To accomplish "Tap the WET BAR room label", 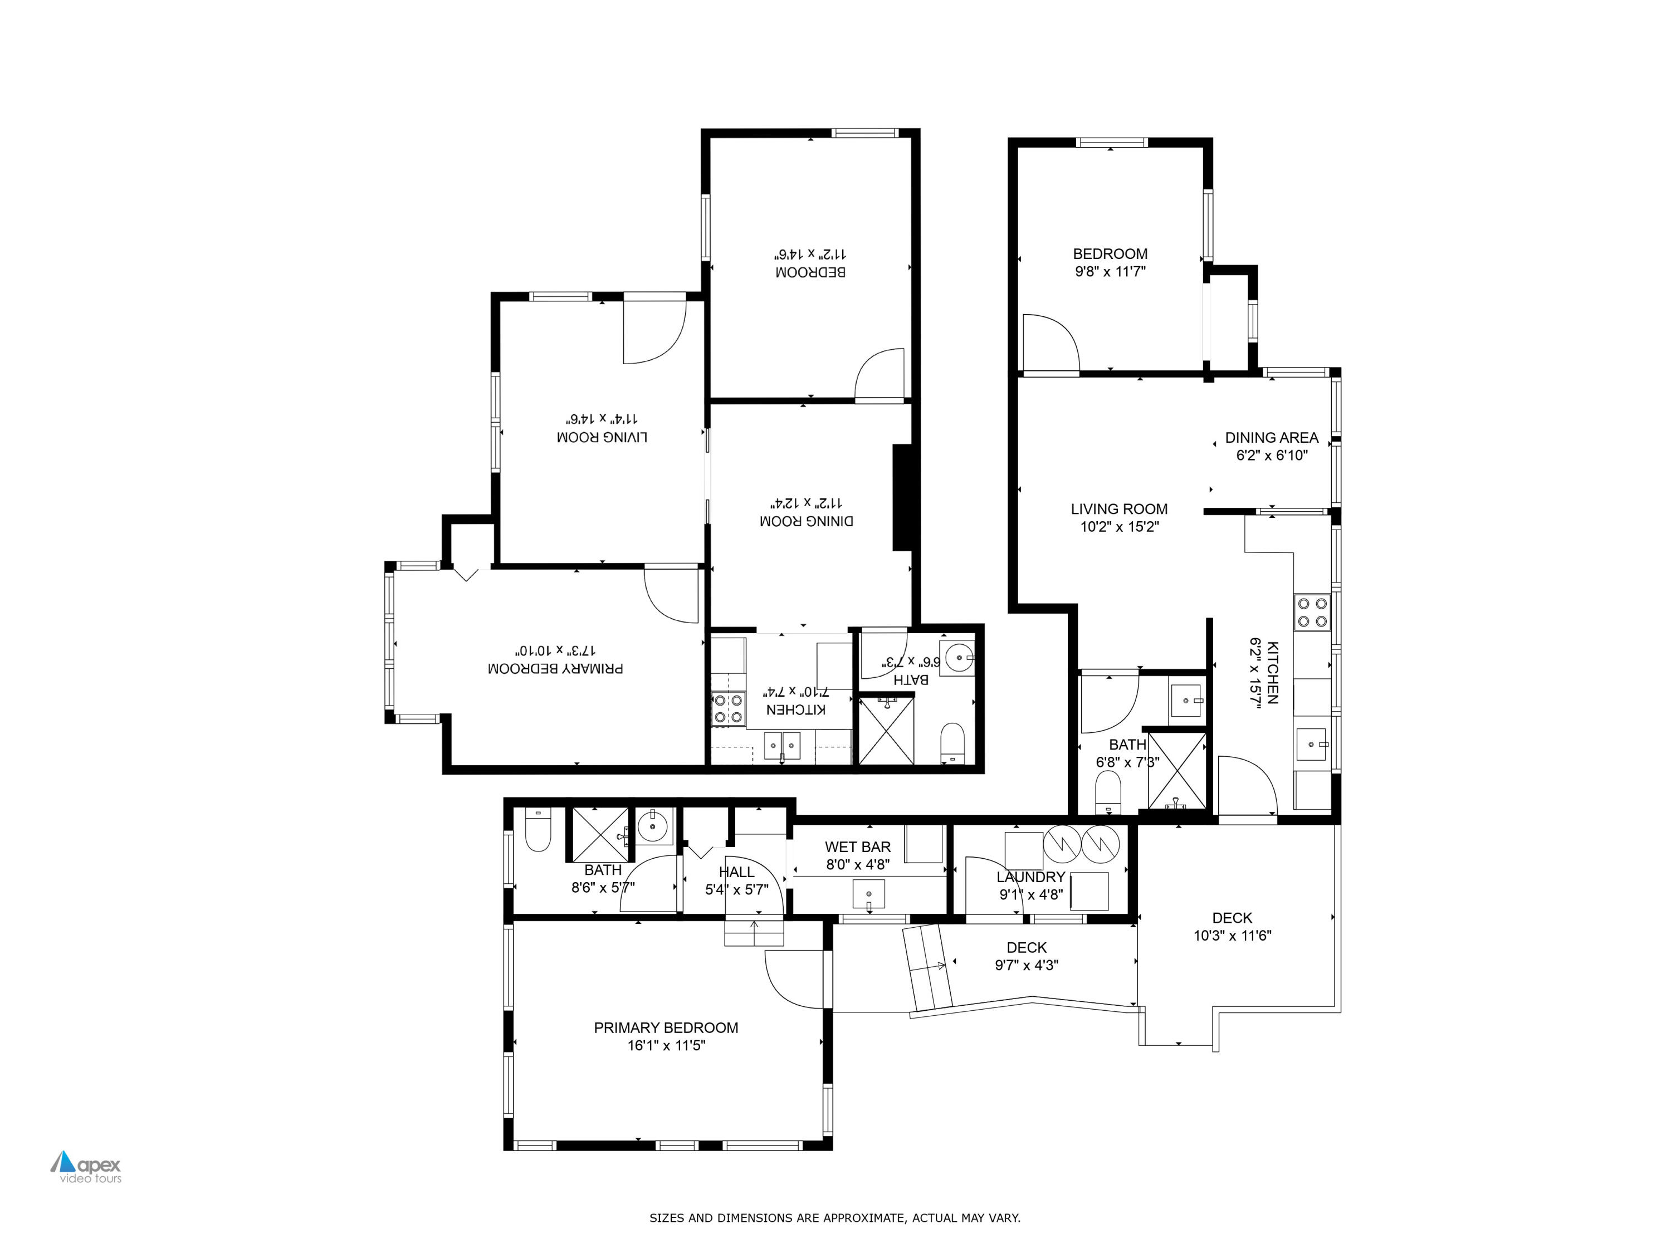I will (857, 846).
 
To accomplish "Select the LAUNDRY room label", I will (1030, 877).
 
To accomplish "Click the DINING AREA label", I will (1272, 437).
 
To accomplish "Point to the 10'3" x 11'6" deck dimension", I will (1232, 936).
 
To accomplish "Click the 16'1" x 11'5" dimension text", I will (666, 1045).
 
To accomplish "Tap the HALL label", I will (736, 872).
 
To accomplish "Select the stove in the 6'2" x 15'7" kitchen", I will (1312, 613).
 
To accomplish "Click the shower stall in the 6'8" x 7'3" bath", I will (1176, 770).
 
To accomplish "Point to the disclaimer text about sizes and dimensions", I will (835, 1217).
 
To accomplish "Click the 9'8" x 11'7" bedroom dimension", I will (1110, 272).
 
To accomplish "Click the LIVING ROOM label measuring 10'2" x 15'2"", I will (1119, 509).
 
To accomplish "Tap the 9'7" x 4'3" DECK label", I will (1027, 947).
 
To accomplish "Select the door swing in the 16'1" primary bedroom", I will (795, 978).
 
